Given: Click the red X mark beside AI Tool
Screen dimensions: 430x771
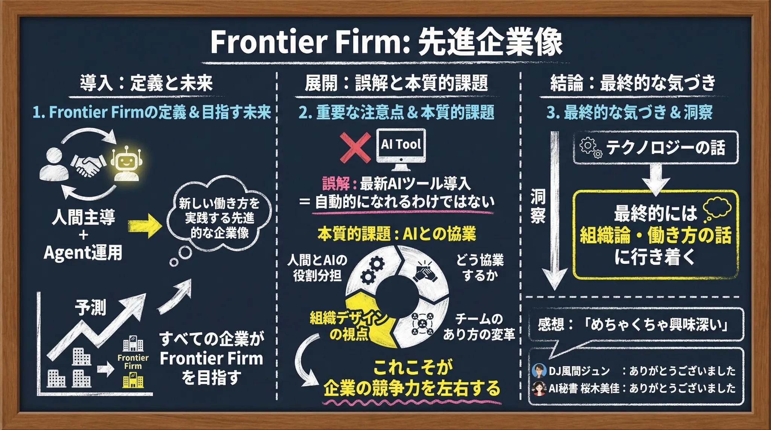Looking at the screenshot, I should [355, 148].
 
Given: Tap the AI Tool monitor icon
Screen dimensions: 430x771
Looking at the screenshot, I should [401, 147].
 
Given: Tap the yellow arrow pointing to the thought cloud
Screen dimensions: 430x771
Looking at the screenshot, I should [145, 226].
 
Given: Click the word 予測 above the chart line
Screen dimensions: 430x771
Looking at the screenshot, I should [90, 307].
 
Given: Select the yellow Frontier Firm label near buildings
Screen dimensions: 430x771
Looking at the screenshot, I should [133, 362].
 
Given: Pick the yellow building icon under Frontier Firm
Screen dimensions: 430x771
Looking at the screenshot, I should [133, 380].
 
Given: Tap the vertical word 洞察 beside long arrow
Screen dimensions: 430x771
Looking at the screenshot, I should [538, 206].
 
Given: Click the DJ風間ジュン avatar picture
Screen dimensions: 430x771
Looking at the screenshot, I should [539, 371].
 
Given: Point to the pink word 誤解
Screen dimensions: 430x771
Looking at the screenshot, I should [336, 184].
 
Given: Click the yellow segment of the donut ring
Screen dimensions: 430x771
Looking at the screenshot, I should [367, 318].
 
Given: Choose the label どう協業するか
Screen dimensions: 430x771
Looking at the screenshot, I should [480, 267].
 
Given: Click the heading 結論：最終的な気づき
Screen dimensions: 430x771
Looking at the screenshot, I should [632, 83].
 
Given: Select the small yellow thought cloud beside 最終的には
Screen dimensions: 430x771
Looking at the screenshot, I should [717, 209].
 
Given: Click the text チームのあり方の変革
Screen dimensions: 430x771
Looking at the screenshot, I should [478, 327].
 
